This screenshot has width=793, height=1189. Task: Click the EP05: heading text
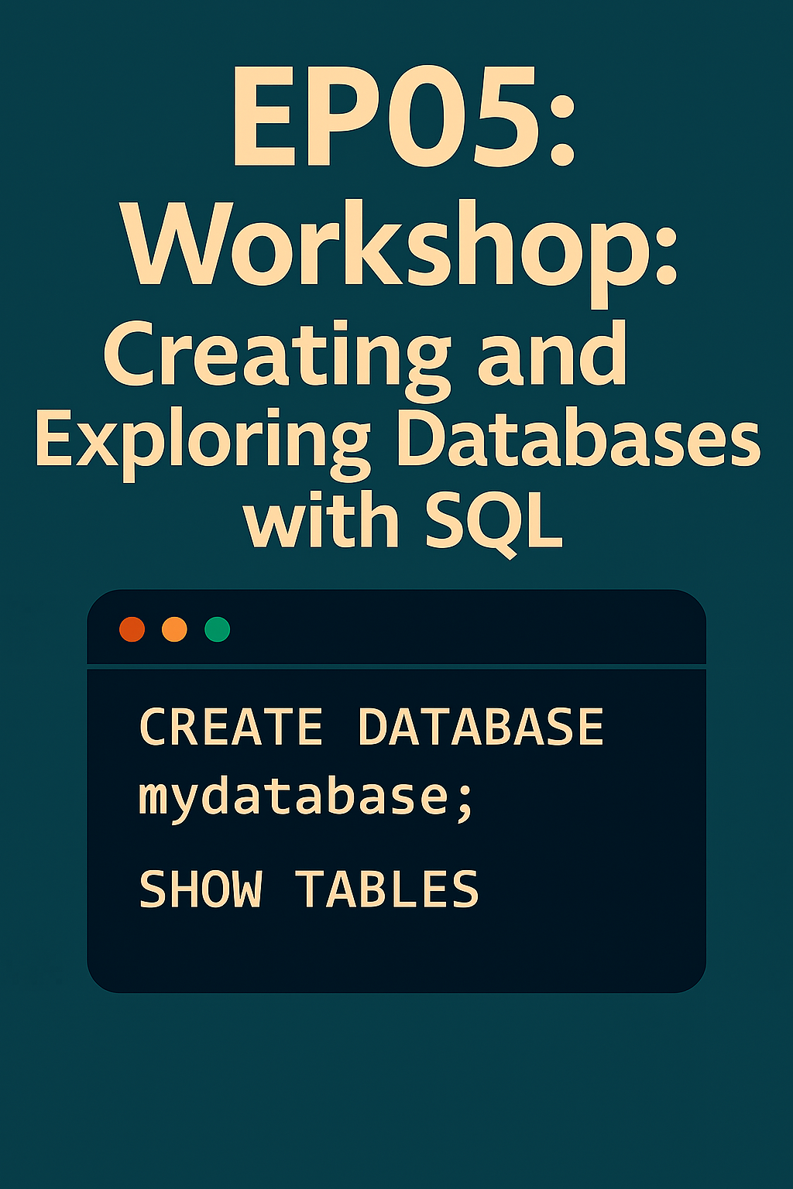(x=403, y=116)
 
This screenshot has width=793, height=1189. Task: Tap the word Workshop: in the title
(x=400, y=253)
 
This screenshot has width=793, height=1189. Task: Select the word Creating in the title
(x=276, y=359)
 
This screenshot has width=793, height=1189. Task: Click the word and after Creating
(x=552, y=352)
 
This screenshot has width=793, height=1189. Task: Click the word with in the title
(x=321, y=519)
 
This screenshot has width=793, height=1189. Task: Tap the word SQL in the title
(x=494, y=523)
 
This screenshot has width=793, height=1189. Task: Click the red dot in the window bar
(x=132, y=629)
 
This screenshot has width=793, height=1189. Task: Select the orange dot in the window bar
(x=174, y=629)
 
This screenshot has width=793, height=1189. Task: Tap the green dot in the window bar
(x=218, y=629)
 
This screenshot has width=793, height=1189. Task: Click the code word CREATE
(x=231, y=727)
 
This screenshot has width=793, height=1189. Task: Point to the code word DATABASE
(x=481, y=727)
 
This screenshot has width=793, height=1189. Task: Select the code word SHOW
(x=201, y=889)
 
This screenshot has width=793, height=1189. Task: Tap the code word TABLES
(x=386, y=889)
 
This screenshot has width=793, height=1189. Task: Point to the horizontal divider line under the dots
(x=396, y=666)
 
